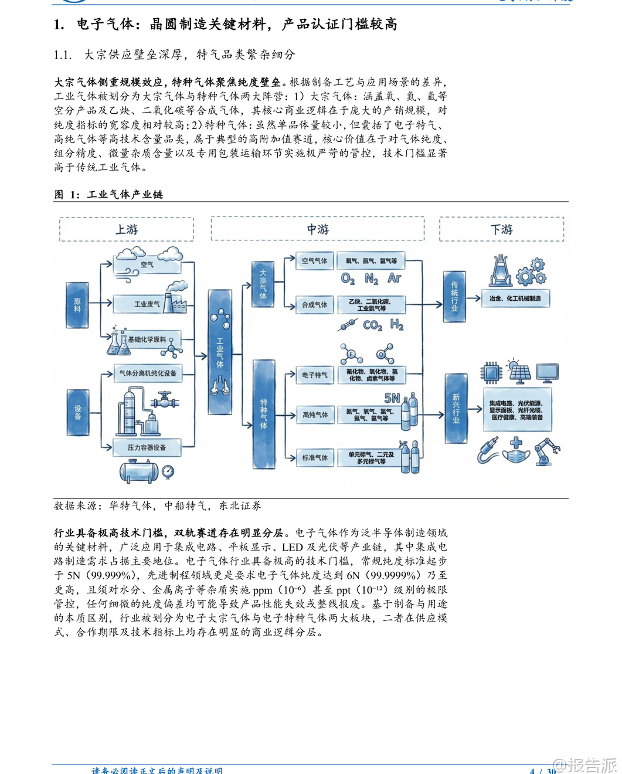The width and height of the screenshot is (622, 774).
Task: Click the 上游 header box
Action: (x=127, y=229)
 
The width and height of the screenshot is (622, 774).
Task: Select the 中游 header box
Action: (x=318, y=229)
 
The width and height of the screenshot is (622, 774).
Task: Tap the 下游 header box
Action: (x=501, y=229)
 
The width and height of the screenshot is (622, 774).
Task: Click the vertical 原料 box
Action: (x=77, y=305)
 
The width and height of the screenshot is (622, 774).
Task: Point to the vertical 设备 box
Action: (x=77, y=412)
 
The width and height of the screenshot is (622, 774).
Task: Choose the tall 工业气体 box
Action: (x=220, y=352)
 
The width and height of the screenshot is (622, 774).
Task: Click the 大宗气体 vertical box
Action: (x=263, y=284)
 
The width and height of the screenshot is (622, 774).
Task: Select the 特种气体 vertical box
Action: (x=263, y=414)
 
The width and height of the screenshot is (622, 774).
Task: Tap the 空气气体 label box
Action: (x=315, y=261)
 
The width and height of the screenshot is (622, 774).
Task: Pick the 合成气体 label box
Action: (x=315, y=305)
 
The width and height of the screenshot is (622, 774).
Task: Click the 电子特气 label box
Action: (x=315, y=375)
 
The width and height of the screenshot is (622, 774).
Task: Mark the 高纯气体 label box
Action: (x=315, y=415)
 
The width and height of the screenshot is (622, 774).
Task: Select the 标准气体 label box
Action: (x=315, y=458)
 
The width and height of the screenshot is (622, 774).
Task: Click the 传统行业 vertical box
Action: (x=454, y=297)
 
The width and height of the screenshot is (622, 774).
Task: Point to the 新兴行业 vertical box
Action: (x=456, y=408)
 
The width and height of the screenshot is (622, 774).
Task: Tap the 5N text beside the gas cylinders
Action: (x=392, y=399)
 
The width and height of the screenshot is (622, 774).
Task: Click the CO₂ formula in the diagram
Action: (x=372, y=325)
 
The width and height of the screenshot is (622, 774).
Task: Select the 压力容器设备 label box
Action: (x=147, y=447)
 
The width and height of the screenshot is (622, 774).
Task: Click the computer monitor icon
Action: (x=548, y=372)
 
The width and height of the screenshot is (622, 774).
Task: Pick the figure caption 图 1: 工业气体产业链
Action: (x=108, y=195)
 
